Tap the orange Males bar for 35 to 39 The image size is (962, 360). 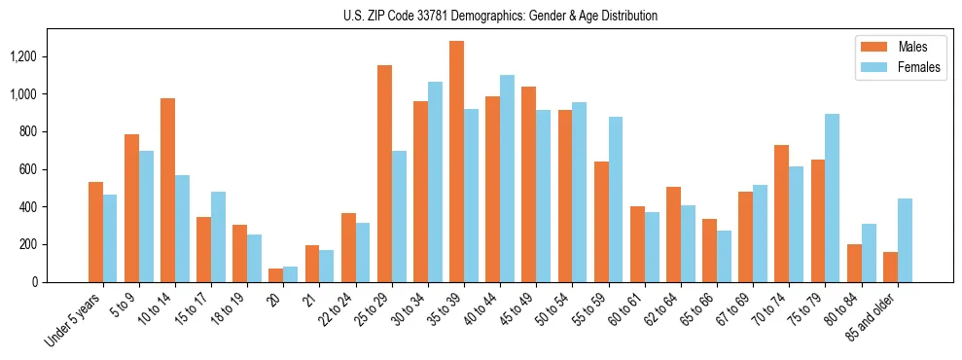[x=456, y=162]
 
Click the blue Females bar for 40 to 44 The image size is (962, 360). [x=507, y=179]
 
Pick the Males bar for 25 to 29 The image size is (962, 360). [x=384, y=173]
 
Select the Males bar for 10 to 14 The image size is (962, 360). [x=167, y=190]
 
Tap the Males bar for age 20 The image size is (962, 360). [x=275, y=275]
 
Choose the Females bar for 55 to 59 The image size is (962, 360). [x=616, y=199]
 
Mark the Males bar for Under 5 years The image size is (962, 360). [x=95, y=232]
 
